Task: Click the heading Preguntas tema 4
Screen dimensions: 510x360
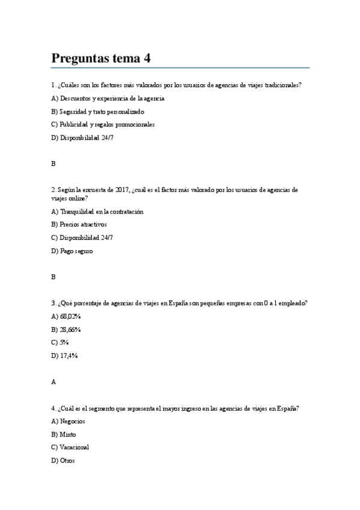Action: (x=101, y=58)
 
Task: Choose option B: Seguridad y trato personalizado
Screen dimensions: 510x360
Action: (x=98, y=111)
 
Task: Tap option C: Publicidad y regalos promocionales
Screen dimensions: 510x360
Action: (x=103, y=124)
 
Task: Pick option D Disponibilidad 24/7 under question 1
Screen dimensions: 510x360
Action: (x=82, y=138)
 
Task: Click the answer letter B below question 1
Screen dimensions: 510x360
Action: (x=53, y=164)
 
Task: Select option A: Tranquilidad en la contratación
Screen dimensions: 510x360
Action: (x=97, y=211)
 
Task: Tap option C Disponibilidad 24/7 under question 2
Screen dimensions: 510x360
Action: (x=82, y=238)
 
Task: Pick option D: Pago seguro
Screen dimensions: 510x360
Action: (x=72, y=251)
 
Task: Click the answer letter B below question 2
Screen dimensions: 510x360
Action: (x=53, y=277)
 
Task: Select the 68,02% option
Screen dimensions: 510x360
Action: (x=66, y=316)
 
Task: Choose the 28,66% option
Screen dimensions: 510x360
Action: (x=66, y=330)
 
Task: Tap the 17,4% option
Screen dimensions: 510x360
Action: (x=65, y=355)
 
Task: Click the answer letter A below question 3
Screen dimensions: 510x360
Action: (x=53, y=381)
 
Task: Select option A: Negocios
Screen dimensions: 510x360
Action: (x=69, y=421)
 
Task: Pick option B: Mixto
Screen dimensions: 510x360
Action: (x=64, y=434)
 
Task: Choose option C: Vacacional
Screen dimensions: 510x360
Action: (x=70, y=447)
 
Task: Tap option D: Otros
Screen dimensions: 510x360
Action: (x=63, y=461)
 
